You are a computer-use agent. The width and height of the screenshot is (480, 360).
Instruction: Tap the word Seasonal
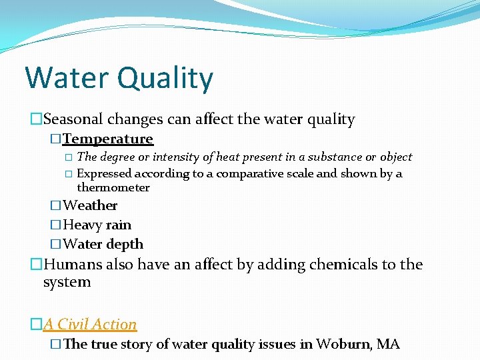point(75,120)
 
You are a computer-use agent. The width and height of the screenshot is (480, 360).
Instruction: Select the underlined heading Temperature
point(108,139)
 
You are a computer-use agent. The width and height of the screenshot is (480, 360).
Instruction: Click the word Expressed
point(105,173)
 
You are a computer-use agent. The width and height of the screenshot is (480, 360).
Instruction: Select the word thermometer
point(113,188)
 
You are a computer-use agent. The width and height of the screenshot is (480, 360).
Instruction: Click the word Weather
point(90,205)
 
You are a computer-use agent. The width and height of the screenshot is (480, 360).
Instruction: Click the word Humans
point(73,265)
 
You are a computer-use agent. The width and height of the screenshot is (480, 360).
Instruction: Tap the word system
point(67,282)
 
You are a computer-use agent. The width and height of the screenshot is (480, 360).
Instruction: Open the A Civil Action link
point(90,325)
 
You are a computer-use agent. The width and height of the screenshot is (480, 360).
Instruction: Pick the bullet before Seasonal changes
point(36,121)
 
